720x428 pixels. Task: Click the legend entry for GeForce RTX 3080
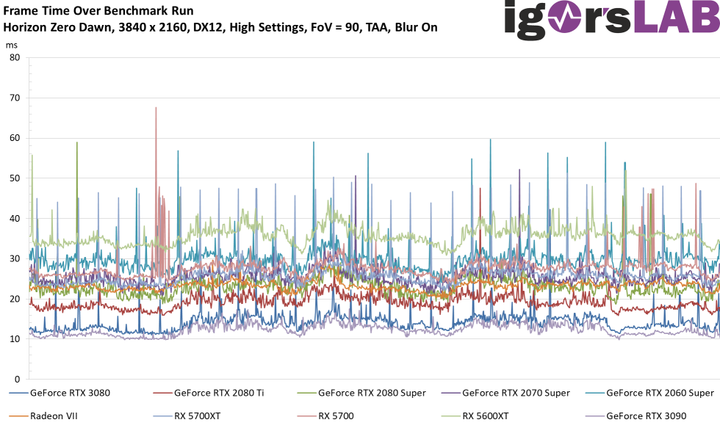coord(70,393)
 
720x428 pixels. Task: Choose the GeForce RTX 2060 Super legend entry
coord(660,393)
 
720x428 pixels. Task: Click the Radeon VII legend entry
coord(54,416)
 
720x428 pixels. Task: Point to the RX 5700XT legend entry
coord(198,416)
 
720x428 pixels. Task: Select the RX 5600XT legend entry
coord(486,416)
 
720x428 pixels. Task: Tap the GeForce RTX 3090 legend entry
coord(646,416)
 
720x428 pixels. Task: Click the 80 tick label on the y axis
coord(14,58)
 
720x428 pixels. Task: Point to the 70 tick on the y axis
coord(14,98)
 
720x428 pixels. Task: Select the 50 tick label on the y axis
coord(14,178)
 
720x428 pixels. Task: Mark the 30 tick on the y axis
coord(14,258)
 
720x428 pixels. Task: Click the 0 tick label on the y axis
coord(17,379)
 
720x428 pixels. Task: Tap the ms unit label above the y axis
coord(11,45)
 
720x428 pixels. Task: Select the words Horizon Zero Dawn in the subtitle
coord(55,28)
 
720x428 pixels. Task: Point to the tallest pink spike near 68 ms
coord(156,109)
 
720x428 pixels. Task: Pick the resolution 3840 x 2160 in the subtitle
coord(151,28)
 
